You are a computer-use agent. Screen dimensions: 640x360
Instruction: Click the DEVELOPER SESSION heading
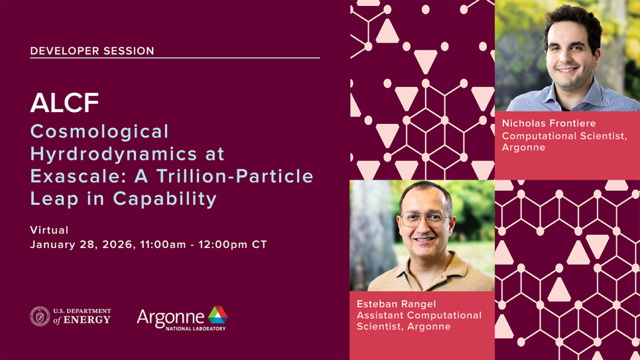click(92, 50)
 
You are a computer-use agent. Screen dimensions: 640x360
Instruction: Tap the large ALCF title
click(64, 103)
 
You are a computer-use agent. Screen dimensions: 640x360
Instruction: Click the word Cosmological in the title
click(99, 131)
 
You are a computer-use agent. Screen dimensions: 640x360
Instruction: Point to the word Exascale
click(76, 176)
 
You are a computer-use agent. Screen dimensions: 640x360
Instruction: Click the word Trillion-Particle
click(235, 176)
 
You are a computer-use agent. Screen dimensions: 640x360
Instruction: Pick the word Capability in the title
click(164, 199)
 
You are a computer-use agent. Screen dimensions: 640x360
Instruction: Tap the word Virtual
click(49, 230)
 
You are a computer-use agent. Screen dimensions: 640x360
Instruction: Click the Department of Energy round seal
click(40, 316)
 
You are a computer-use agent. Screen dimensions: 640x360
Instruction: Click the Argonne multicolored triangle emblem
click(218, 315)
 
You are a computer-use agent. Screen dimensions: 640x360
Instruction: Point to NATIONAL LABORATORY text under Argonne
click(196, 328)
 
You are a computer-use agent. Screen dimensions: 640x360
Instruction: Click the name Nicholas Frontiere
click(549, 123)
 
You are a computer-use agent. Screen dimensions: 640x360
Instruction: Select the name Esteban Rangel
click(397, 304)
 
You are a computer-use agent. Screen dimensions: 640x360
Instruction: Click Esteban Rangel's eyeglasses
click(424, 219)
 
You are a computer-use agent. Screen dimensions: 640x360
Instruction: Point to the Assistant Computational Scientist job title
click(419, 321)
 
